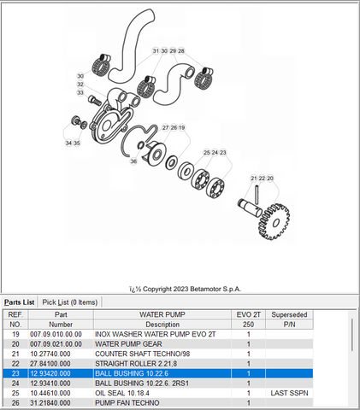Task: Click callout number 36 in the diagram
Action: [x=133, y=161]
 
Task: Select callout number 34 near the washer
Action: [x=68, y=143]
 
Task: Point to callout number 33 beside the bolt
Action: [x=80, y=93]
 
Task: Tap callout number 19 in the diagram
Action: [x=182, y=127]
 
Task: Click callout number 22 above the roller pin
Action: [x=262, y=179]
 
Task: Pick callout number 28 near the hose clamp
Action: [x=181, y=51]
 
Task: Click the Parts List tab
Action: [x=20, y=302]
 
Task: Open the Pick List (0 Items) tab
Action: [x=70, y=302]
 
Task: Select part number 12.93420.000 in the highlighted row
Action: [x=50, y=373]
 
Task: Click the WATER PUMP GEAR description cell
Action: [x=128, y=344]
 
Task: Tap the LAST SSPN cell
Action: [x=289, y=393]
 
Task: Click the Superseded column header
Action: [x=289, y=314]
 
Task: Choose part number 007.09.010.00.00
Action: [x=56, y=334]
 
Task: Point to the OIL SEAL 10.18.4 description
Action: [x=122, y=393]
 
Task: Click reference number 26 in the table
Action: [x=15, y=402]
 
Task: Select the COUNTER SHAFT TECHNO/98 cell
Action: [x=142, y=354]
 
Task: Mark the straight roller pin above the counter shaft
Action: [x=257, y=195]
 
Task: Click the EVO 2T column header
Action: [x=248, y=314]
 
